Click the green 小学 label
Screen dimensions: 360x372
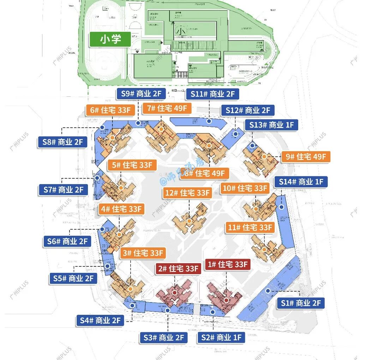point(110,39)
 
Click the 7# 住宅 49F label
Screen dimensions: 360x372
point(167,108)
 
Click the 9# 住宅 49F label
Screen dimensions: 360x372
point(306,157)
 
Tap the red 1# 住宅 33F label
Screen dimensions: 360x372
point(228,264)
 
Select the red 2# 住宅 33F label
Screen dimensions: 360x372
point(179,268)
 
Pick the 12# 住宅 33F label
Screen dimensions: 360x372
point(188,193)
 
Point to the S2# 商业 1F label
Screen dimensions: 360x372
point(221,337)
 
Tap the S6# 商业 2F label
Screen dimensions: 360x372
point(67,242)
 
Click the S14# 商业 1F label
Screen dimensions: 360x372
point(301,182)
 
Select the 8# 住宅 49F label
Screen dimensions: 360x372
point(205,173)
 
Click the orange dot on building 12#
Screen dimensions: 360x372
point(190,221)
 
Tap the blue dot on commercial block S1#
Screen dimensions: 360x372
point(268,291)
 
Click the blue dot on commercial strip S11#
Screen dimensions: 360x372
point(209,121)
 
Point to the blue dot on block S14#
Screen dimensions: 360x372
point(281,207)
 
